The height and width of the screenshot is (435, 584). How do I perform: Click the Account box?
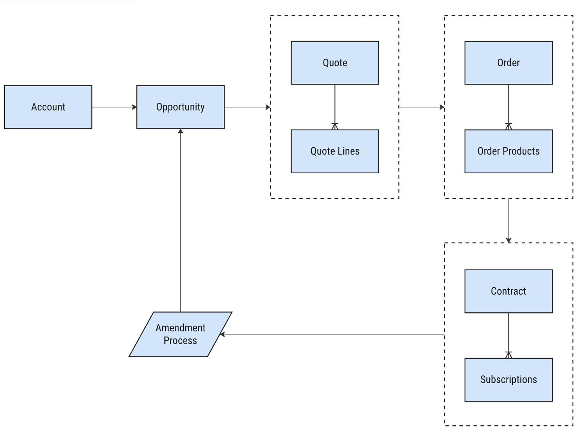(48, 107)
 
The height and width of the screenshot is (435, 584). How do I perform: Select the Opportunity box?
(180, 107)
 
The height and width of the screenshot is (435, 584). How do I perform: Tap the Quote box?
(335, 63)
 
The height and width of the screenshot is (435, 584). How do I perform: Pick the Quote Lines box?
(335, 151)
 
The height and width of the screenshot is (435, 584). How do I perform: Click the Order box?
(508, 63)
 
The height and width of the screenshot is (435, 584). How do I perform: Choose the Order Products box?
(508, 151)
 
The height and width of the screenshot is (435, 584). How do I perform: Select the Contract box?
(508, 291)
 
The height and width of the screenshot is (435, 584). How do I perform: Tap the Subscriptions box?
(508, 380)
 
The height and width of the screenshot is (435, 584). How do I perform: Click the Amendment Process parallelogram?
(180, 334)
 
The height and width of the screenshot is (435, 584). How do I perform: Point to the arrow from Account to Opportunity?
(114, 107)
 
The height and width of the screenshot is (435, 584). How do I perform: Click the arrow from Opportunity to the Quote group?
(247, 107)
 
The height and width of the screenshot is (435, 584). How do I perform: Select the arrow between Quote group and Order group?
(422, 107)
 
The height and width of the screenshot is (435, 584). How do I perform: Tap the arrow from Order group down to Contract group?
(508, 220)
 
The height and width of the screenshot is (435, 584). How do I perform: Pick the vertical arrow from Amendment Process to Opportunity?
(180, 220)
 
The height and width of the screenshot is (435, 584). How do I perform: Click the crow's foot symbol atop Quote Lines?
(335, 126)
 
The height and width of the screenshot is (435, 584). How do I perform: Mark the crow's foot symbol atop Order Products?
(508, 126)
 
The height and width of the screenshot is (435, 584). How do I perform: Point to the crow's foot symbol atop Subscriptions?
(508, 355)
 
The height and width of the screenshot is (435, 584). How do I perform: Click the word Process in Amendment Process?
(180, 341)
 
